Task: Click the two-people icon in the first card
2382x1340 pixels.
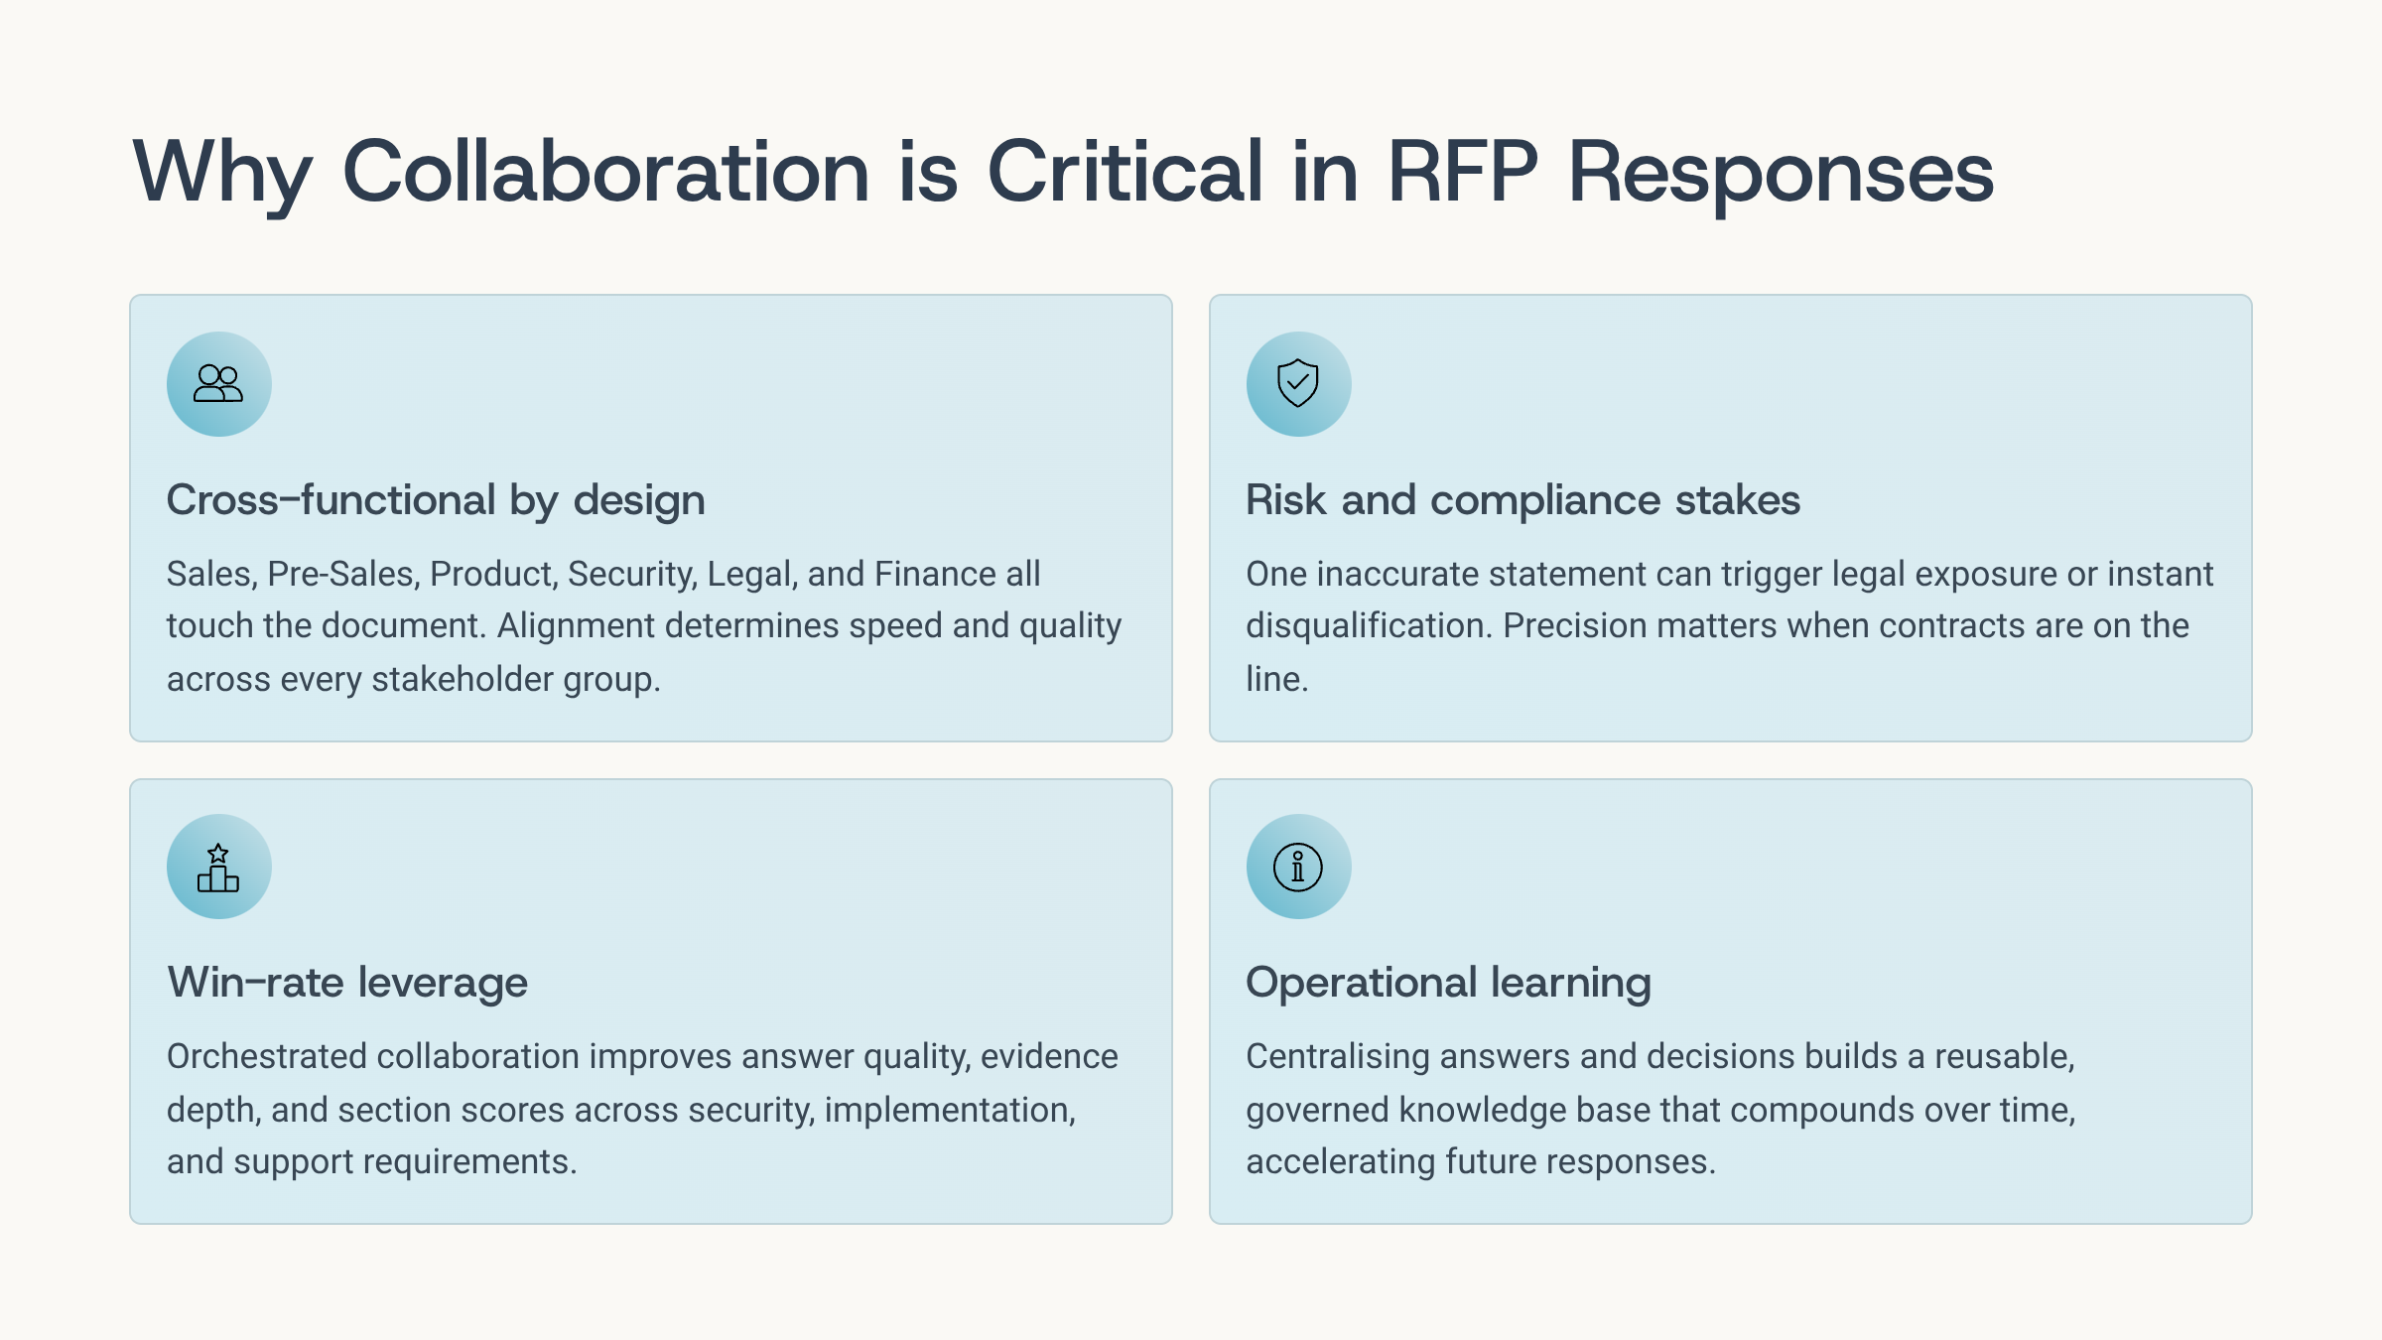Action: [x=218, y=383]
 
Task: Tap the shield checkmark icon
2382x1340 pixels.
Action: [x=1298, y=383]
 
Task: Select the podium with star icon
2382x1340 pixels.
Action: [x=218, y=868]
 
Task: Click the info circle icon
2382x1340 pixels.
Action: [x=1298, y=868]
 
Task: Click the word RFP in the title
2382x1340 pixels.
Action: [x=1463, y=172]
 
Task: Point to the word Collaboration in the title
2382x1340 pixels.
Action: [x=606, y=172]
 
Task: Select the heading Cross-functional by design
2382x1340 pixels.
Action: [x=436, y=499]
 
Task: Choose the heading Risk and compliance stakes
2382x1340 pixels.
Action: [x=1522, y=499]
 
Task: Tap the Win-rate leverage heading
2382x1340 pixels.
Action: [x=347, y=983]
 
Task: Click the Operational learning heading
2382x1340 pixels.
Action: [x=1448, y=983]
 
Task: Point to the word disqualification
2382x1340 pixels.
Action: [x=1370, y=626]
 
